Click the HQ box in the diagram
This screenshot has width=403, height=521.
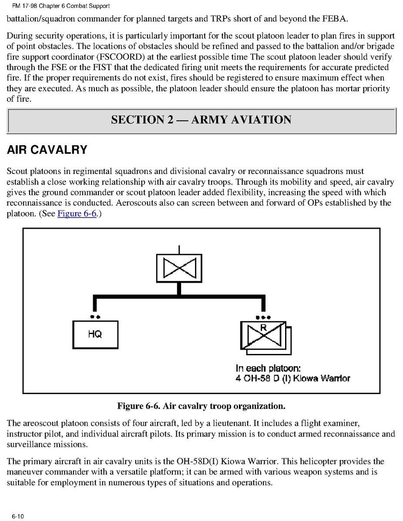point(95,334)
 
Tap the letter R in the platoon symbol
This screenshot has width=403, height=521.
point(263,327)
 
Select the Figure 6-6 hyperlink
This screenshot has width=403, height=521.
point(77,214)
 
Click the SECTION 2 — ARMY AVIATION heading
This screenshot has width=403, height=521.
point(201,120)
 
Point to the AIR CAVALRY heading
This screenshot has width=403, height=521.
point(47,150)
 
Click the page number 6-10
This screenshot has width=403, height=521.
point(18,516)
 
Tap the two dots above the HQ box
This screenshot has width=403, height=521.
point(95,317)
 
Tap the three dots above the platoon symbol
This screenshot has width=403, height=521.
point(263,317)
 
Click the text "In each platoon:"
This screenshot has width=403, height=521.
point(268,368)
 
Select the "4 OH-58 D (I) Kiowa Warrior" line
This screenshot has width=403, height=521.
point(292,378)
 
